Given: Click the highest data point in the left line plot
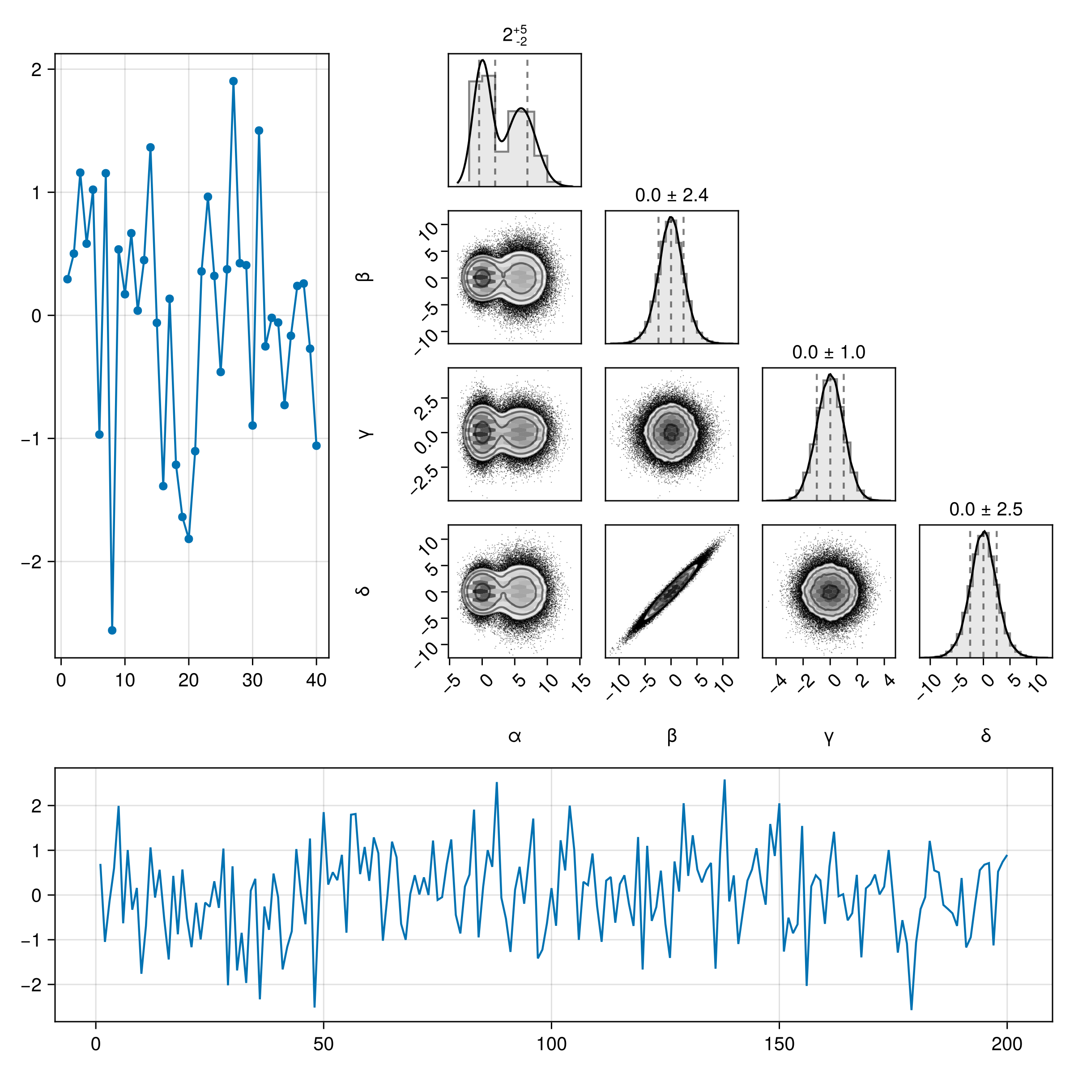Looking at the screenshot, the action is click(x=234, y=81).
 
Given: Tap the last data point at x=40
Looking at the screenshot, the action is click(x=316, y=446).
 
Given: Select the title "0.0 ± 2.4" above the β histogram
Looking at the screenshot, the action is click(x=672, y=195).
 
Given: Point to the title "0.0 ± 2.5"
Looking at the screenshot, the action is click(x=985, y=509).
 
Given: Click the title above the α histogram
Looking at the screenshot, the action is click(x=515, y=35).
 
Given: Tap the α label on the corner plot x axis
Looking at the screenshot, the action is click(x=515, y=737).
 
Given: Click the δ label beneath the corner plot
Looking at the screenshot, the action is click(x=985, y=735).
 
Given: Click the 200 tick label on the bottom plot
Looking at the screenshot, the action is click(x=1007, y=1044).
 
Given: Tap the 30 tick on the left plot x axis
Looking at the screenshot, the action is click(x=252, y=680).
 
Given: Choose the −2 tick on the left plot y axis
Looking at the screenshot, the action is click(x=31, y=562).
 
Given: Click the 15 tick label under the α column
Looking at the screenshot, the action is click(x=581, y=682).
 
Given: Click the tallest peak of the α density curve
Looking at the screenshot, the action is click(x=482, y=60).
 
